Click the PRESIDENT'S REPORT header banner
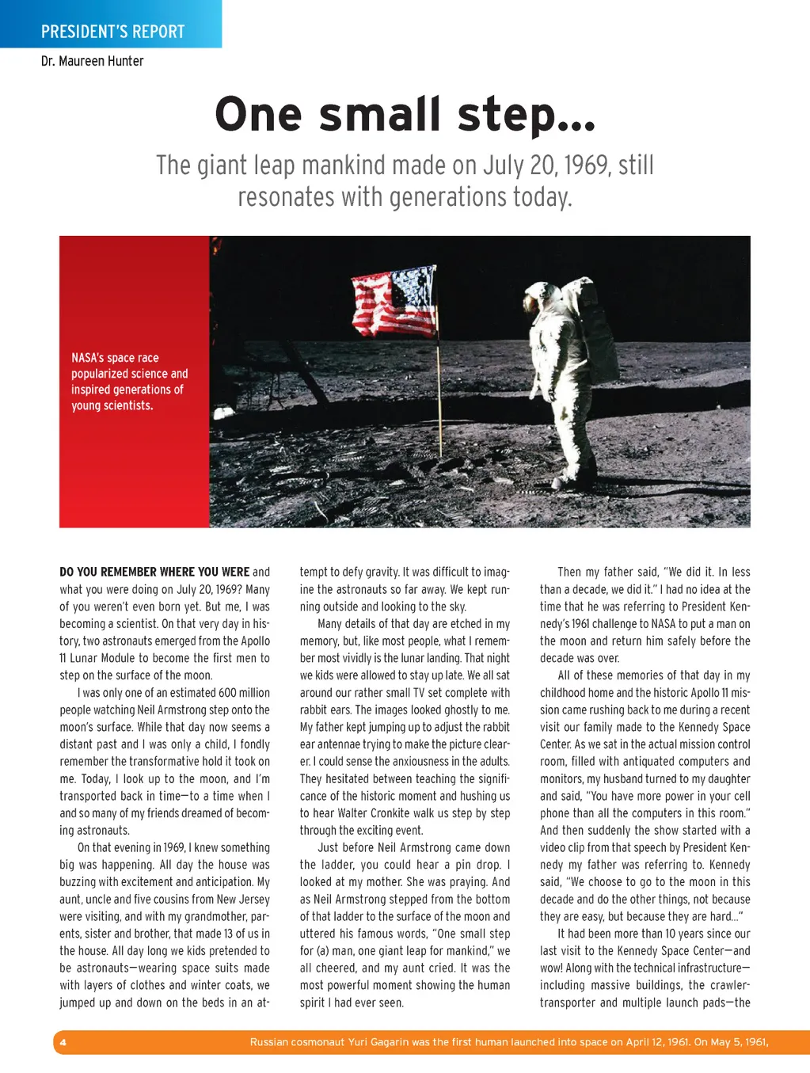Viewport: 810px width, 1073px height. click(x=112, y=32)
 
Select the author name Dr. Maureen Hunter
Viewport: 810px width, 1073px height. click(x=93, y=61)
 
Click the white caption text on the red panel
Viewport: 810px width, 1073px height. click(x=129, y=382)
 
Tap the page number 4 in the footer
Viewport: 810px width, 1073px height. click(x=63, y=1042)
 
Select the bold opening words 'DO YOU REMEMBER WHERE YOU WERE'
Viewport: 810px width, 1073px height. click(x=154, y=572)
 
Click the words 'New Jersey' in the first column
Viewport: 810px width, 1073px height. click(x=242, y=900)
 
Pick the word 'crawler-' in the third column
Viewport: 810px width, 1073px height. click(x=726, y=985)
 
